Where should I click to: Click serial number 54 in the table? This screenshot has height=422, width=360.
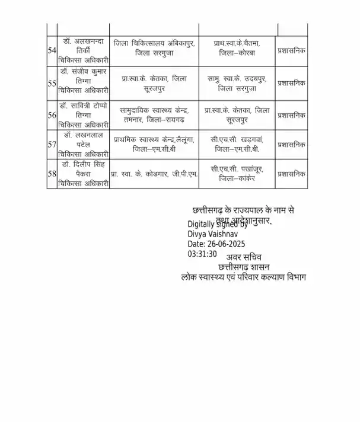pyautogui.click(x=52, y=51)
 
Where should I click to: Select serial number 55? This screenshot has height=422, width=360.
pyautogui.click(x=52, y=84)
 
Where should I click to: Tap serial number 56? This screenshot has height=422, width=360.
pyautogui.click(x=52, y=115)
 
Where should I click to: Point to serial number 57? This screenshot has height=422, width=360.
pyautogui.click(x=52, y=144)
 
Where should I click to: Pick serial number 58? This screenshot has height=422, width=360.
pyautogui.click(x=52, y=174)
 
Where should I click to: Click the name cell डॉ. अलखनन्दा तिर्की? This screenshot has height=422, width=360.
pyautogui.click(x=84, y=51)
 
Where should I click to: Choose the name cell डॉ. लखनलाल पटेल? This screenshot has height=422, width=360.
pyautogui.click(x=84, y=144)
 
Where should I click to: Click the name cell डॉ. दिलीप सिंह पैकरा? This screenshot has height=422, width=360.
pyautogui.click(x=84, y=174)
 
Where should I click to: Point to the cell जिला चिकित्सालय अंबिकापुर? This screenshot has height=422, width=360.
pyautogui.click(x=154, y=48)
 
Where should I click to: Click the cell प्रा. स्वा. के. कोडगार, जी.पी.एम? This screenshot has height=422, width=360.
pyautogui.click(x=154, y=174)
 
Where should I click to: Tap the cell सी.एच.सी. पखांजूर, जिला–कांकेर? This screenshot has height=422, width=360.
pyautogui.click(x=237, y=174)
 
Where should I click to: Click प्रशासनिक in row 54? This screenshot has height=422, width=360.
pyautogui.click(x=292, y=51)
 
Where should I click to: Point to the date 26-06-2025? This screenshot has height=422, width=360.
pyautogui.click(x=216, y=244)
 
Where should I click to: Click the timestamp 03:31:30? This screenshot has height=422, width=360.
pyautogui.click(x=202, y=254)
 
